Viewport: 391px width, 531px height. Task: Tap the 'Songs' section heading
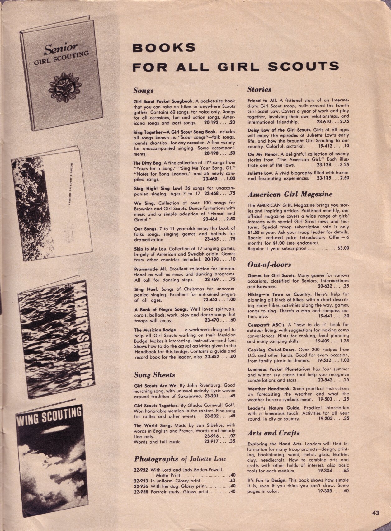[x=143, y=91]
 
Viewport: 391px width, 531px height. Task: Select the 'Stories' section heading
[x=259, y=89]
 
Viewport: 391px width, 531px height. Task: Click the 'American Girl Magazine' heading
[x=290, y=194]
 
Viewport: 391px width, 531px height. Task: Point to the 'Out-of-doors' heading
[x=269, y=265]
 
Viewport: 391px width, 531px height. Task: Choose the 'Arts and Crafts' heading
[x=274, y=433]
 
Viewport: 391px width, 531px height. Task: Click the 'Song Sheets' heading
[x=154, y=375]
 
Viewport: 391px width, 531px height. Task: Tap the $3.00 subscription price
[x=343, y=248]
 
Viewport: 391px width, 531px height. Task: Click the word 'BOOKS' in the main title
[x=164, y=48]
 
